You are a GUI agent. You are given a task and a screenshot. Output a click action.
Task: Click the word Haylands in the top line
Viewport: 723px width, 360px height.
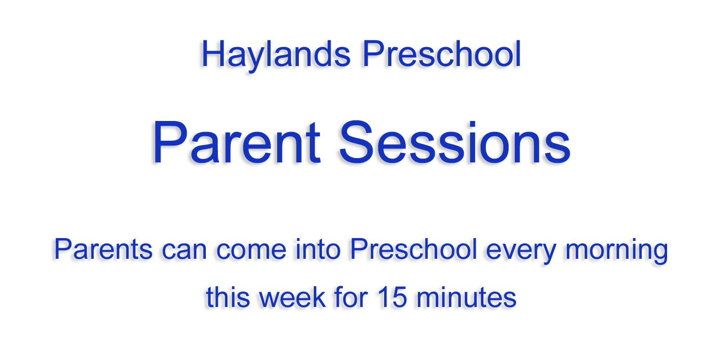pos(276,55)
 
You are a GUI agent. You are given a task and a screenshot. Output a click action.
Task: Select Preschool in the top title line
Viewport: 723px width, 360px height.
pos(442,53)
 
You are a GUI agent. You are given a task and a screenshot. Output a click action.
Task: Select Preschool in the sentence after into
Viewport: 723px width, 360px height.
pos(414,249)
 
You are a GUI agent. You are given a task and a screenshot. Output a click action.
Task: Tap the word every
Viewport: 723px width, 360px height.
pos(521,253)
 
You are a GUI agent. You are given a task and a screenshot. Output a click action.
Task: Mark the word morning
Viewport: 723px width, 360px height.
pos(616,252)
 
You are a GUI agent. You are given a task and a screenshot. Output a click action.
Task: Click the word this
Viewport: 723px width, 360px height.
pos(228,297)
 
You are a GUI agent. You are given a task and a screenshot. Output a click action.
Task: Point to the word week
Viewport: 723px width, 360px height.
pos(292,297)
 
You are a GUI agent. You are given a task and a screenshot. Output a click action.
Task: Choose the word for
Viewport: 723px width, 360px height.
pos(351,297)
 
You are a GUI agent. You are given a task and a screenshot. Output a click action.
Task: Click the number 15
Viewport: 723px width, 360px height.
pos(392,297)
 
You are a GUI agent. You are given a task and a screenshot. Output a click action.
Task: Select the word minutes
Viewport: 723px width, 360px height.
pos(467,297)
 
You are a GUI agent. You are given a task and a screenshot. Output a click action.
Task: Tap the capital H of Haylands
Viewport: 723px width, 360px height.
pos(213,53)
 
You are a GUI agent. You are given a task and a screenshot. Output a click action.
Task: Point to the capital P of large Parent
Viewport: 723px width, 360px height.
pos(170,142)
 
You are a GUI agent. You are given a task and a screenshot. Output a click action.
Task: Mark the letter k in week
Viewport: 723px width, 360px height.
pos(318,297)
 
